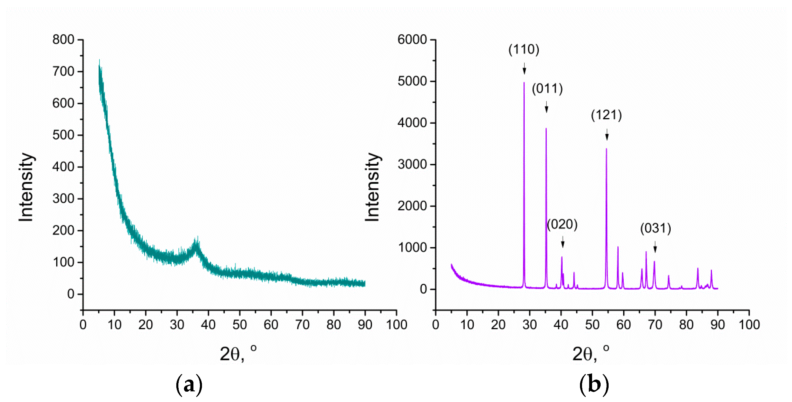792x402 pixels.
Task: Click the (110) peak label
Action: tap(524, 50)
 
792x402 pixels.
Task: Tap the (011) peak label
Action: tap(547, 89)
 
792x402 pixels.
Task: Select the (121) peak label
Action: tap(606, 115)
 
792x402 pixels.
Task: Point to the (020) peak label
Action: tap(562, 224)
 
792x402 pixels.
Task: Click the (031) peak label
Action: tap(655, 229)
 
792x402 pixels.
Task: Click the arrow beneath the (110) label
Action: tap(524, 69)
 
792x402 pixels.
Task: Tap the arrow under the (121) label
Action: tap(607, 135)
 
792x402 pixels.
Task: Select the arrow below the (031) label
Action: tap(655, 247)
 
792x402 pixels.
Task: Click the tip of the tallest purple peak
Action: tap(524, 82)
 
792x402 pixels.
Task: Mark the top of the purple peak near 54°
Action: tap(606, 149)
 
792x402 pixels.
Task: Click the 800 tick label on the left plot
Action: tap(63, 40)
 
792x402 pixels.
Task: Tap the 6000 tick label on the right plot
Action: tap(412, 40)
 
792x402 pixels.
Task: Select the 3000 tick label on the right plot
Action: tap(412, 165)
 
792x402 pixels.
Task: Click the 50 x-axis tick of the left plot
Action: tap(239, 325)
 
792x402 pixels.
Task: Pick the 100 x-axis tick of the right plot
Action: tap(749, 325)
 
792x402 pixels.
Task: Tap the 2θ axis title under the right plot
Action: tap(590, 354)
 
